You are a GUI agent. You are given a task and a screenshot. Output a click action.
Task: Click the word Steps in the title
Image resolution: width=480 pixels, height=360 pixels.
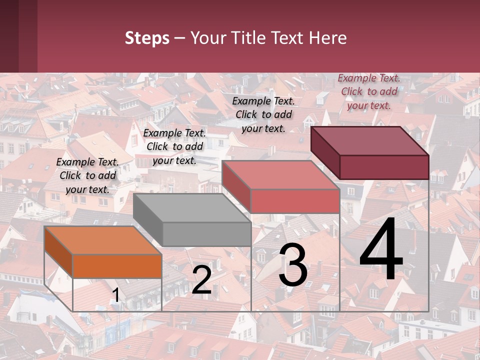pyautogui.click(x=147, y=38)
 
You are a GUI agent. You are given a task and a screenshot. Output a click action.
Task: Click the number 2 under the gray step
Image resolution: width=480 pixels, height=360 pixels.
pyautogui.click(x=201, y=280)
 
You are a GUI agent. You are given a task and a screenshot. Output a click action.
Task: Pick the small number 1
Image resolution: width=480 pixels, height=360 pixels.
pyautogui.click(x=115, y=295)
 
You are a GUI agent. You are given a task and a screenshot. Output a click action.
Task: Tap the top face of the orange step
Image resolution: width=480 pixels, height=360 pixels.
pyautogui.click(x=102, y=240)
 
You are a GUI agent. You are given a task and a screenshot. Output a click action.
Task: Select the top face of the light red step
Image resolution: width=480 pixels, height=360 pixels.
pyautogui.click(x=280, y=175)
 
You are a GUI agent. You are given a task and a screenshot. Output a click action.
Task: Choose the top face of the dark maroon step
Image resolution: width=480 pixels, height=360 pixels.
pyautogui.click(x=370, y=141)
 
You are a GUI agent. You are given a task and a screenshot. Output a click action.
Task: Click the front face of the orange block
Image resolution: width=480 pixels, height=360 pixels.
pyautogui.click(x=117, y=266)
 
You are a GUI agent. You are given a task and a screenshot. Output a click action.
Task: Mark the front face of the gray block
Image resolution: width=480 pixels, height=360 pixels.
pyautogui.click(x=206, y=234)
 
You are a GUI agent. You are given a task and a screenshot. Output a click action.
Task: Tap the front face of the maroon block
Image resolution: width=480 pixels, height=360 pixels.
pyautogui.click(x=384, y=167)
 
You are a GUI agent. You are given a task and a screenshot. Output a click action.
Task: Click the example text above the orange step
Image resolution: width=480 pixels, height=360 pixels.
pyautogui.click(x=87, y=175)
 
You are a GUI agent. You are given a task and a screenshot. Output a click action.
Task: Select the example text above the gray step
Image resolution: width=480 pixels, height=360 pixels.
pyautogui.click(x=174, y=146)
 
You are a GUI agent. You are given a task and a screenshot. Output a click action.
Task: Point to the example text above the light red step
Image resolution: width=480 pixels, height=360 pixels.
pyautogui.click(x=263, y=114)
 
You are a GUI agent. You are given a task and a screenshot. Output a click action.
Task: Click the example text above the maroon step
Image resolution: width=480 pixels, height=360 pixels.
pyautogui.click(x=369, y=91)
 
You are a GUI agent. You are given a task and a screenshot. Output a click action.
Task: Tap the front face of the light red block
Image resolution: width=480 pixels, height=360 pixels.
pyautogui.click(x=295, y=201)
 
